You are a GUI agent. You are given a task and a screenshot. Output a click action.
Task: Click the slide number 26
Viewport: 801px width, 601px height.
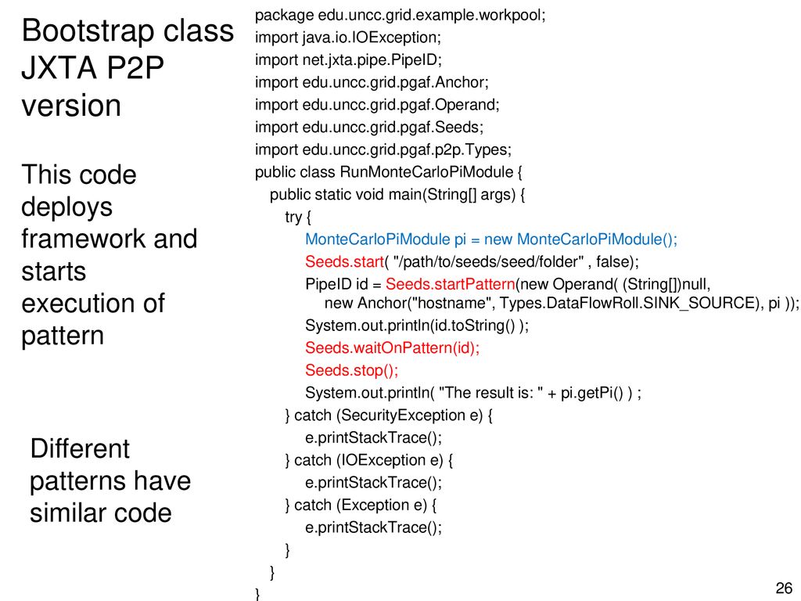784,588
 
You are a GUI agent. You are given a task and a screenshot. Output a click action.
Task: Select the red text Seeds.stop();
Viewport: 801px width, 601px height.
351,370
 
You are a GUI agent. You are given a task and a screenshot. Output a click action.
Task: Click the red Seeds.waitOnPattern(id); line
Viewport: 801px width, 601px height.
393,347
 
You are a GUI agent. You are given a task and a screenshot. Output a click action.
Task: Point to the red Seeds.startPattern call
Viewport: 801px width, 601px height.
451,283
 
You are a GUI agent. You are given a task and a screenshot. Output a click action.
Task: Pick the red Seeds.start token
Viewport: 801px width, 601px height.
344,261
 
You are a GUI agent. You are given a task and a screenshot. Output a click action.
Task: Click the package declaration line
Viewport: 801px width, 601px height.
400,16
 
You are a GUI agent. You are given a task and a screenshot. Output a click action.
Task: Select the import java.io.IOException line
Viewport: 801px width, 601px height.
348,38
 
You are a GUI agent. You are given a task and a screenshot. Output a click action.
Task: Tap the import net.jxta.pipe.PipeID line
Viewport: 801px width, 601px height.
348,59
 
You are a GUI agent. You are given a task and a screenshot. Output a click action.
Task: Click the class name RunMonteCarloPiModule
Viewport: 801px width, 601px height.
426,171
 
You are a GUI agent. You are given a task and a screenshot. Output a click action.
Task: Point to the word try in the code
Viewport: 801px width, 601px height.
293,218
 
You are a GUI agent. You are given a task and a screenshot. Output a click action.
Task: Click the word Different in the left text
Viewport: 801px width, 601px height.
80,448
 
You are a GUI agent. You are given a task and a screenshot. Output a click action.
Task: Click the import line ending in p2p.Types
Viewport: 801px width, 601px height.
383,149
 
